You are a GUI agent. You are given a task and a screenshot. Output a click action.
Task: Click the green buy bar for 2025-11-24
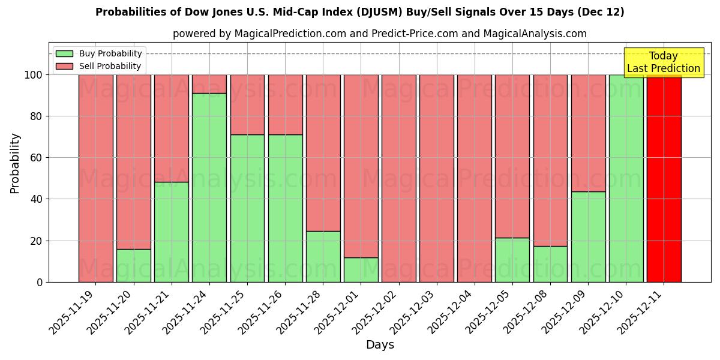pos(209,187)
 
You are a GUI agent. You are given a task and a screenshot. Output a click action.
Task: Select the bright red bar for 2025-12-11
pos(664,178)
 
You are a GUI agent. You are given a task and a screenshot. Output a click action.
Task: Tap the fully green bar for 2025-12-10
pos(626,178)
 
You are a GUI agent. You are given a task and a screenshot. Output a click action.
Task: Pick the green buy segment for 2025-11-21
pos(172,232)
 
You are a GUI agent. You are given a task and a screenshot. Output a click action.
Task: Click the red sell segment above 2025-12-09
pos(588,133)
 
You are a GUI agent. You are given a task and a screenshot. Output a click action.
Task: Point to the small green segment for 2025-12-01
pos(361,269)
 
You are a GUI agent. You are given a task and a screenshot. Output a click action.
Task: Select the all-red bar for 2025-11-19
pos(96,178)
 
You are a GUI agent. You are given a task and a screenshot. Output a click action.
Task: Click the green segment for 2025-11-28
pos(323,256)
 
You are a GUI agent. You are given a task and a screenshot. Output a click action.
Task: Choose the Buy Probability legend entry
pos(99,53)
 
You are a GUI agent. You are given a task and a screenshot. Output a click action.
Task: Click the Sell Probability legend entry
pos(99,66)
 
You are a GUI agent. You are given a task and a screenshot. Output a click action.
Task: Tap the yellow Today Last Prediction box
pos(663,62)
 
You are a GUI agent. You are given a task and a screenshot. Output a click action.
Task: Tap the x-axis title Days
pos(380,345)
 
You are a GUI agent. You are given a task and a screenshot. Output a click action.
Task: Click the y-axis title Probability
pos(15,163)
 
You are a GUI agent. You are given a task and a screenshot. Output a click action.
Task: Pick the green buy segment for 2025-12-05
pos(512,260)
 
